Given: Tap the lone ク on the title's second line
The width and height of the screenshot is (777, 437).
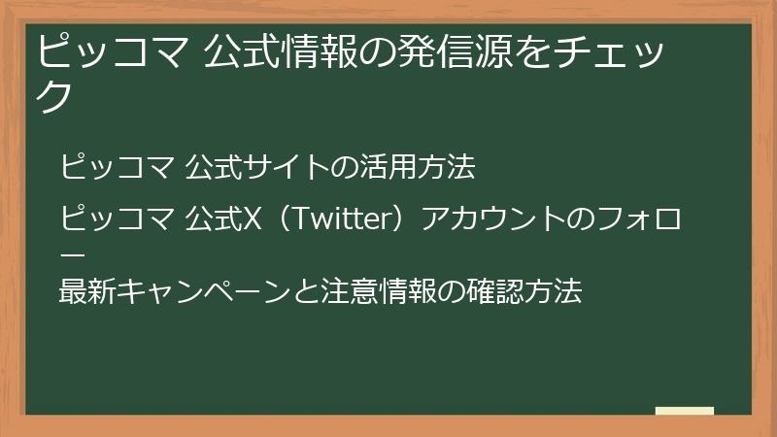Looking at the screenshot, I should (x=55, y=95).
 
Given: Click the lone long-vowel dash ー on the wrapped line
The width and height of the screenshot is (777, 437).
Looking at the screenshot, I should (x=73, y=253).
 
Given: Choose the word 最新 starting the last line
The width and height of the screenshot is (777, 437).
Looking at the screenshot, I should (x=85, y=290).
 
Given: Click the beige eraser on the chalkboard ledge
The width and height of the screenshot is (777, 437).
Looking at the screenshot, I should (x=684, y=411).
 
